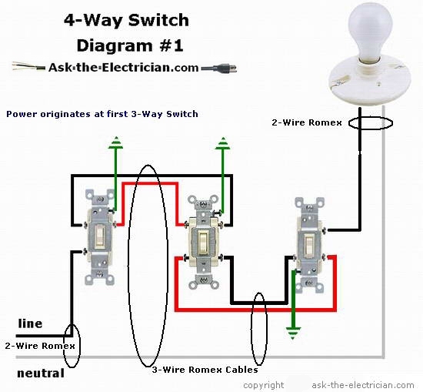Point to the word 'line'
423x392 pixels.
pos(29,324)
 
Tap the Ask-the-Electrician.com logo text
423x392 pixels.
pos(122,67)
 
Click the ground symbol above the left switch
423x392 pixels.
pos(115,142)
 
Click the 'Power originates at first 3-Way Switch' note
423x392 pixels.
pos(102,114)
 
